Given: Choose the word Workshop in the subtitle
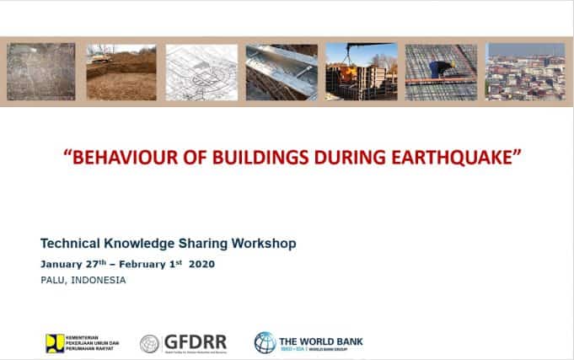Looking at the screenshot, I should point(264,244).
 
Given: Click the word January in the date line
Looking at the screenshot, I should point(62,264).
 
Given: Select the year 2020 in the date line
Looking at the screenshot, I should point(201,264).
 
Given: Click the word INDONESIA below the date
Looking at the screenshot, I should point(99,280).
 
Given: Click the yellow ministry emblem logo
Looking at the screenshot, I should point(55,342).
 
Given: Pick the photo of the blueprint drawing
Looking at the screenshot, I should point(201,73).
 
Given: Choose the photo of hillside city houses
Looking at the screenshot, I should point(525,73).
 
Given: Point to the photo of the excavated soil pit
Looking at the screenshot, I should point(121,73).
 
